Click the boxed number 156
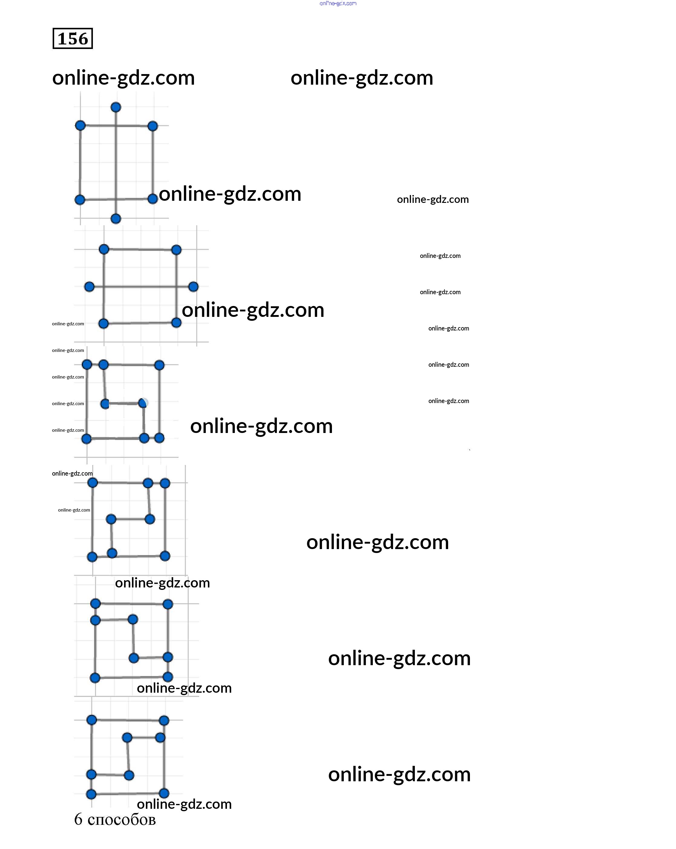73,39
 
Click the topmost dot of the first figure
116,107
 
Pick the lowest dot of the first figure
116,219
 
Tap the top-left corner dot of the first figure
80,125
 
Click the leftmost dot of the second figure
90,287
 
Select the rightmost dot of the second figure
193,287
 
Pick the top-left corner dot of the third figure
87,365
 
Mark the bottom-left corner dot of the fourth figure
92,557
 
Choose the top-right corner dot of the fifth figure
168,604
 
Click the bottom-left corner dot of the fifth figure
95,678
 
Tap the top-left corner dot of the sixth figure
91,720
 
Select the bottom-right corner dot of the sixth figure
164,793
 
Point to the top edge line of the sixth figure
128,720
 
